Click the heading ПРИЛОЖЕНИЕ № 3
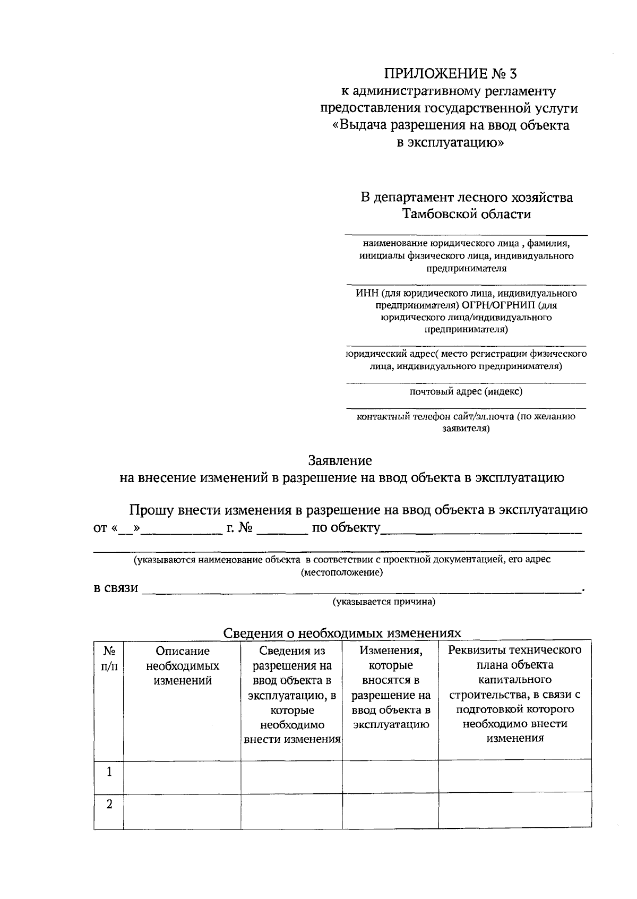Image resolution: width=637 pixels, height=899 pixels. [x=450, y=73]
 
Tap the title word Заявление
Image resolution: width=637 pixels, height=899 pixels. [x=340, y=460]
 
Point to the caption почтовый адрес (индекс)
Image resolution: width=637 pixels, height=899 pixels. [x=466, y=391]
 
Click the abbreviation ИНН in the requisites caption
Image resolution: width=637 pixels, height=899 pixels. [x=366, y=293]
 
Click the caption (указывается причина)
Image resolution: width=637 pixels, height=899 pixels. [x=384, y=602]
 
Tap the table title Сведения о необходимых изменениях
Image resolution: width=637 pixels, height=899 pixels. [x=342, y=633]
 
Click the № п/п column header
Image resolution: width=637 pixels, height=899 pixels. [x=109, y=658]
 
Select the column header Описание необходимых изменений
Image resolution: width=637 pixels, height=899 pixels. [x=182, y=666]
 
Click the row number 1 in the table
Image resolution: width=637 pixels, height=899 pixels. [x=109, y=772]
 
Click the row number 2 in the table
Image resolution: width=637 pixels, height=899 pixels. [x=109, y=804]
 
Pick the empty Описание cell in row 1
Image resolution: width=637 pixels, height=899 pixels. [x=182, y=776]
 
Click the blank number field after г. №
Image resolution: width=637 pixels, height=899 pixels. [x=281, y=529]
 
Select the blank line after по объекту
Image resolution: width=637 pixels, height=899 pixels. [x=481, y=529]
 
